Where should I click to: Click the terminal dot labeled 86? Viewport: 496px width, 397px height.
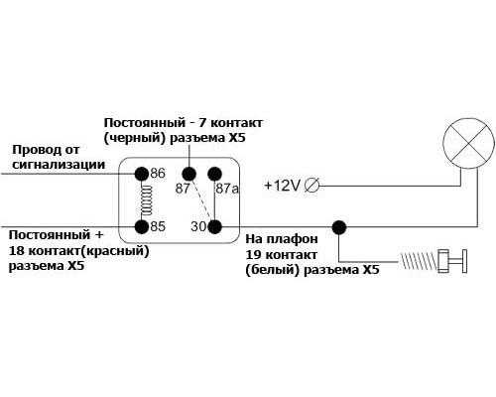tap(142, 174)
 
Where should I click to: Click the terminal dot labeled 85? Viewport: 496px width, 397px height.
tap(142, 227)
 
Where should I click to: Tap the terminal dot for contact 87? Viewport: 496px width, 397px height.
tap(189, 174)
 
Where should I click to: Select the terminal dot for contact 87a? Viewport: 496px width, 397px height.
tap(214, 174)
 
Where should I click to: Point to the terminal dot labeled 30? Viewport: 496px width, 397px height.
tap(214, 227)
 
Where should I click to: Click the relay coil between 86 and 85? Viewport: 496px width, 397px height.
tap(146, 200)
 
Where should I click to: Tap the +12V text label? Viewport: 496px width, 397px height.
tap(282, 186)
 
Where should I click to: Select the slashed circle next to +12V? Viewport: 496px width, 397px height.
tap(311, 186)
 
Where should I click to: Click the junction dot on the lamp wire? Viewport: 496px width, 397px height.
tap(339, 227)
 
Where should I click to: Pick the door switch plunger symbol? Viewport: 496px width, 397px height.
tap(452, 261)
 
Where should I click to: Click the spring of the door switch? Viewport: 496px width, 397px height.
tap(419, 260)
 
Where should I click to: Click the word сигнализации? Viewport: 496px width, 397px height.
tap(59, 165)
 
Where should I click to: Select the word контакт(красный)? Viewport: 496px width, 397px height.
tap(88, 251)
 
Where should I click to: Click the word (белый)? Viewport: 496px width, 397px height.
tap(273, 271)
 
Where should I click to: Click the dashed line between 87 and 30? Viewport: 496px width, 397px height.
tap(202, 200)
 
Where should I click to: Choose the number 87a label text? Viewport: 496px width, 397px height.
tap(227, 189)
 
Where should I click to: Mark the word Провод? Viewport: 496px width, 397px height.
tap(37, 150)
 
